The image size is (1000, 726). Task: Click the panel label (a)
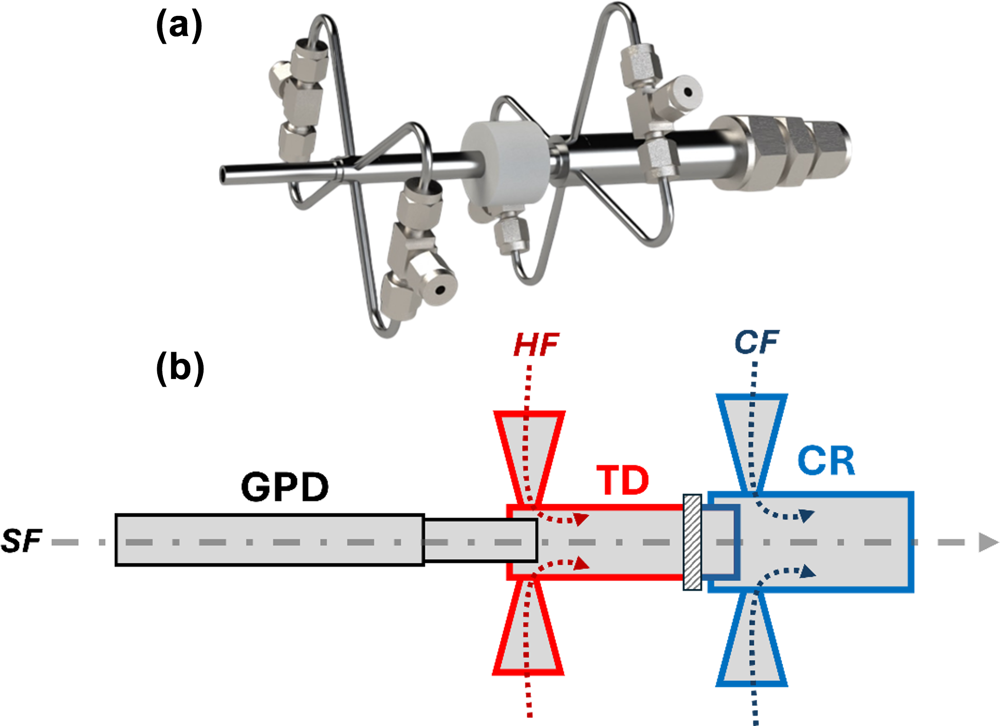pyautogui.click(x=179, y=26)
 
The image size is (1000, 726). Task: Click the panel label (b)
pyautogui.click(x=180, y=368)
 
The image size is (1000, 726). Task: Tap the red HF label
pyautogui.click(x=536, y=345)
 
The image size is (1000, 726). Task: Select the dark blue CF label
pyautogui.click(x=756, y=342)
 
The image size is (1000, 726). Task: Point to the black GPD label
pyautogui.click(x=285, y=487)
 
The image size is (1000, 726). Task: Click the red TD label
pyautogui.click(x=623, y=481)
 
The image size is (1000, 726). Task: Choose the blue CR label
pyautogui.click(x=826, y=461)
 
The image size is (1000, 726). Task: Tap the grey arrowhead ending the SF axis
pyautogui.click(x=987, y=542)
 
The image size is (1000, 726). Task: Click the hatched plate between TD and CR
pyautogui.click(x=692, y=542)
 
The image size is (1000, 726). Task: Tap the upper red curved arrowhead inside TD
pyautogui.click(x=581, y=519)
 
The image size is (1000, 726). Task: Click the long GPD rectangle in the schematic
pyautogui.click(x=270, y=540)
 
